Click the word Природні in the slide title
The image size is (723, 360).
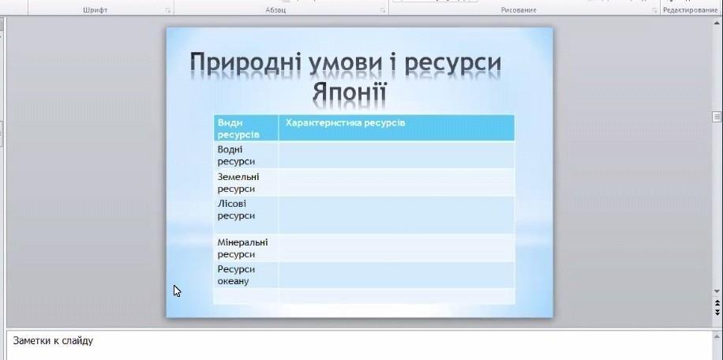(x=245, y=64)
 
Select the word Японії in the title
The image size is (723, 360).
(x=349, y=92)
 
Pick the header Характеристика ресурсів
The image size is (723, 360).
(x=346, y=122)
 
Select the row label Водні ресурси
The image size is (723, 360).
(x=236, y=156)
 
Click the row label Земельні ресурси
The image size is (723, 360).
(x=238, y=182)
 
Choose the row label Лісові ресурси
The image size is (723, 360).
(x=236, y=209)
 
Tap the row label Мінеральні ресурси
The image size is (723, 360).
(x=242, y=248)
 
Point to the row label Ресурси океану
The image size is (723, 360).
(x=236, y=275)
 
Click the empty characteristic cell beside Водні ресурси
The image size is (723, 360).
(x=396, y=155)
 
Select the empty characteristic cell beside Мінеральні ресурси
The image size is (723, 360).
(x=396, y=248)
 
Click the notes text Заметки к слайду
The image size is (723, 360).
(x=53, y=341)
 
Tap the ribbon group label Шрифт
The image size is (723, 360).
(x=96, y=10)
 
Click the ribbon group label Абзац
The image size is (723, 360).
(x=275, y=10)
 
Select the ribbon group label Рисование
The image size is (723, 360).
(x=519, y=10)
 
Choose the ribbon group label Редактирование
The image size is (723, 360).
(x=691, y=10)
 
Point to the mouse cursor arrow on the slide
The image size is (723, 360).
(x=177, y=291)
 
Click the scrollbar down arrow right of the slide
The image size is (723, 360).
(x=717, y=291)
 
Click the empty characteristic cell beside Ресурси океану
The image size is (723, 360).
(x=396, y=275)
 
